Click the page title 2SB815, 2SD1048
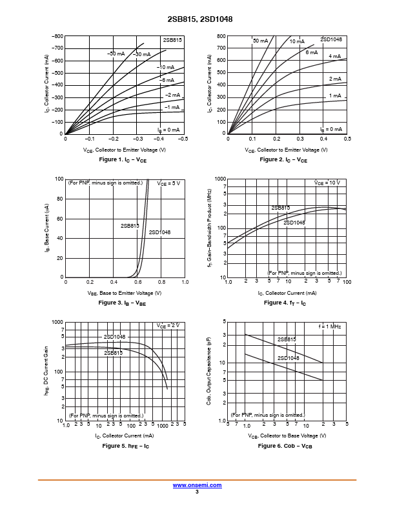(197, 19)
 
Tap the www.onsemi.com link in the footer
(197, 485)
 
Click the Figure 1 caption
(124, 159)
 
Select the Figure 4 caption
(285, 303)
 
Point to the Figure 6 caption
(285, 446)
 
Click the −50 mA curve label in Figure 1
(116, 54)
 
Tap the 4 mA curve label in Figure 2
(334, 57)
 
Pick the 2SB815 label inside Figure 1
(172, 40)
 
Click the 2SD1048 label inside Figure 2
(331, 39)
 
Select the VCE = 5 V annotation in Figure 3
(169, 183)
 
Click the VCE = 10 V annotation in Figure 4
(327, 183)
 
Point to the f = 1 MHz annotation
(329, 327)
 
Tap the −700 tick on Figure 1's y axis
(57, 48)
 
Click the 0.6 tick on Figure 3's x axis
(137, 283)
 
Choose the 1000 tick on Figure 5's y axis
(57, 322)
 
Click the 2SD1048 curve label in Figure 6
(288, 358)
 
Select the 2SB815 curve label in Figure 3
(130, 226)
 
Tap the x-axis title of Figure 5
(124, 436)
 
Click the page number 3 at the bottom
(197, 492)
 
